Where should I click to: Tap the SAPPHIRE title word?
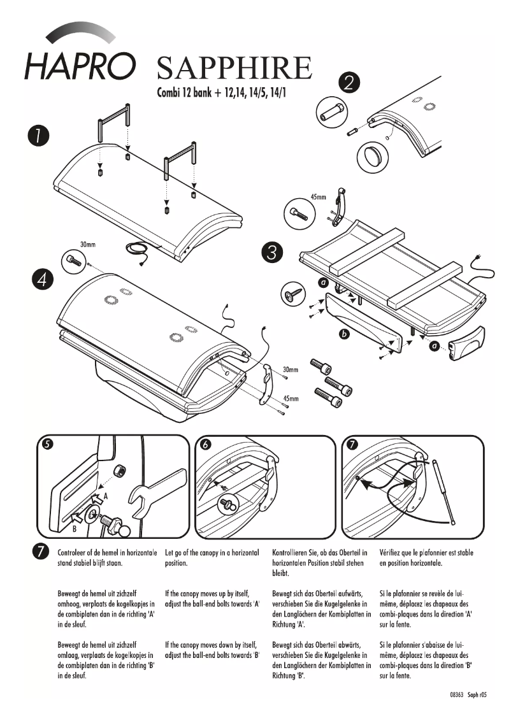coord(234,68)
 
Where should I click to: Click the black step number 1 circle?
coord(39,136)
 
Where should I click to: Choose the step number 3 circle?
coord(273,252)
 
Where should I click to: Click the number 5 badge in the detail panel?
coord(47,445)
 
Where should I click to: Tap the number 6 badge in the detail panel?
coord(205,445)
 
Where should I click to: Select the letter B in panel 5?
coord(75,528)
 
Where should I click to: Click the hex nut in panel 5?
coord(118,472)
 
